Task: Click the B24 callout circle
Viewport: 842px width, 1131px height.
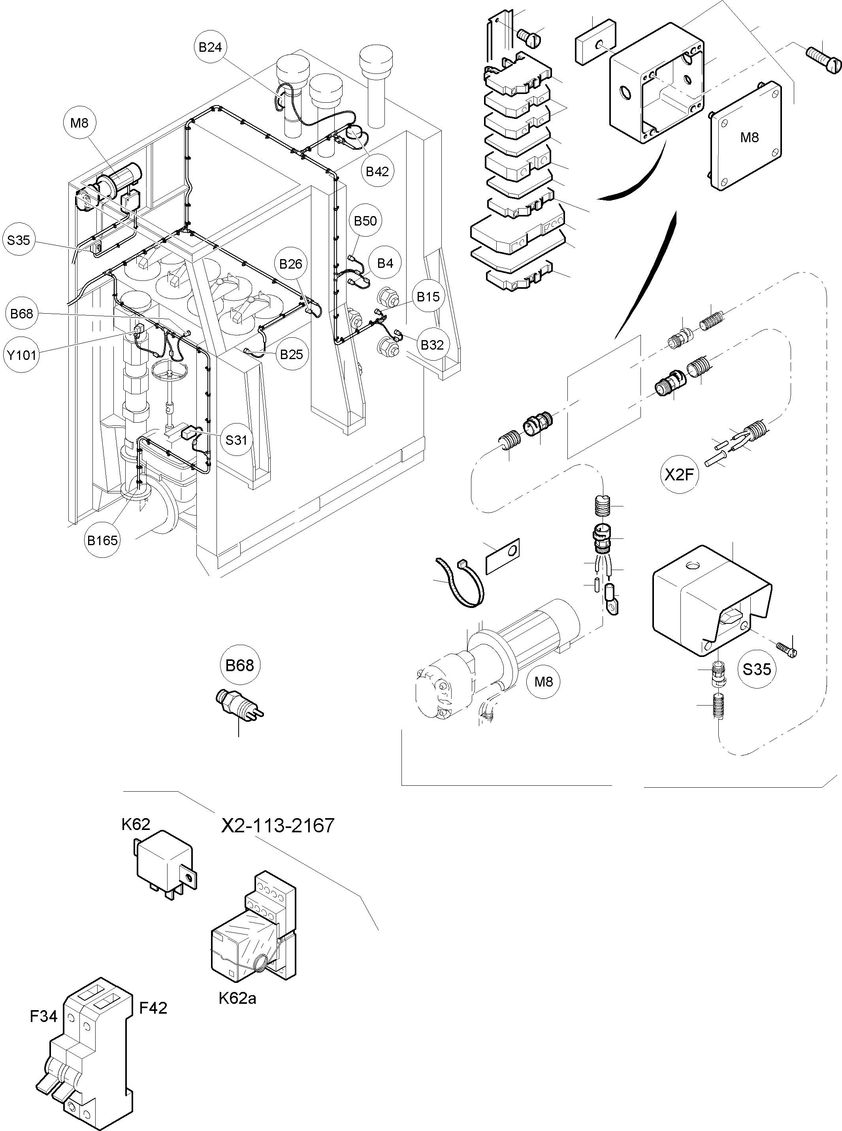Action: pyautogui.click(x=210, y=47)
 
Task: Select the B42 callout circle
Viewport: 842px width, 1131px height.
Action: pyautogui.click(x=377, y=171)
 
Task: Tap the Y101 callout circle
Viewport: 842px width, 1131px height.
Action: pyautogui.click(x=21, y=355)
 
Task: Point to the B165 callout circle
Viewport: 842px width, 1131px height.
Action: pyautogui.click(x=102, y=540)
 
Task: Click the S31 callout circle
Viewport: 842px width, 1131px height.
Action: pyautogui.click(x=236, y=440)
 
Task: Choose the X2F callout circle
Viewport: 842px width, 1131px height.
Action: pyautogui.click(x=680, y=475)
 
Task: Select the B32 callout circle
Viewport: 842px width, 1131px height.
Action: pyautogui.click(x=432, y=345)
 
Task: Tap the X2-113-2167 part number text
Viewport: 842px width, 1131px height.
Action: pyautogui.click(x=278, y=825)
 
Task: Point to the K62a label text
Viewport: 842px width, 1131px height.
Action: pyautogui.click(x=237, y=997)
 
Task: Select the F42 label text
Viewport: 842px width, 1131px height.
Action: pyautogui.click(x=153, y=1008)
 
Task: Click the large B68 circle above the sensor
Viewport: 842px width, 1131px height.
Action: pyautogui.click(x=239, y=665)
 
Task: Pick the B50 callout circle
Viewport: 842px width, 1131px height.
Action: pyautogui.click(x=365, y=220)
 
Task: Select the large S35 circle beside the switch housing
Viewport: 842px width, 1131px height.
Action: pyautogui.click(x=756, y=668)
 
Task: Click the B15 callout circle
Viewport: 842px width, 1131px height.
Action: pyautogui.click(x=428, y=297)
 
